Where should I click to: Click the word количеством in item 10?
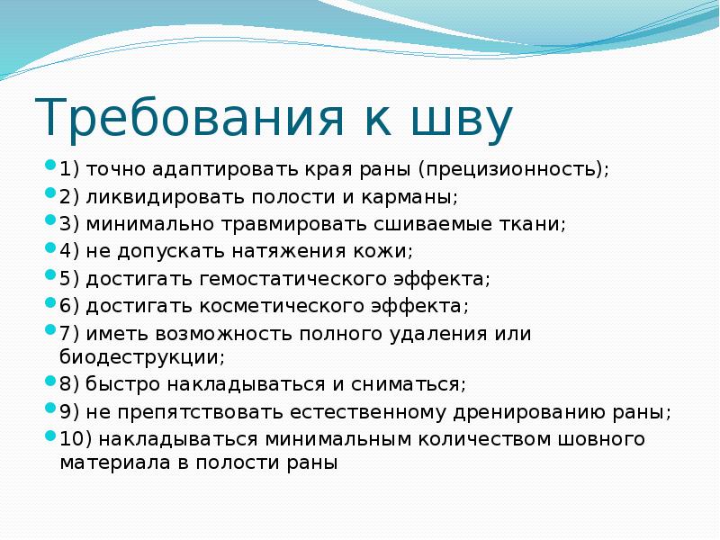pyautogui.click(x=506, y=439)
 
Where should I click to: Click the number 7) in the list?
pyautogui.click(x=70, y=334)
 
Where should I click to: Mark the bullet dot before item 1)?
pyautogui.click(x=51, y=167)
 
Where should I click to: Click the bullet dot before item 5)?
pyautogui.click(x=51, y=276)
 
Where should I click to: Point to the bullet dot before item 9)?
pyautogui.click(x=51, y=409)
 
